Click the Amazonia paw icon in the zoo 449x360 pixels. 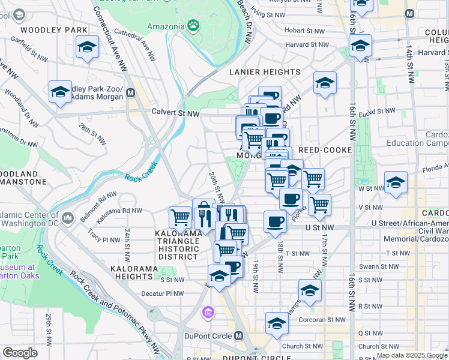pos(193,25)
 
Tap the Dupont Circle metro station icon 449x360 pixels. pos(239,335)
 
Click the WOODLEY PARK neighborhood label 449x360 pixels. pos(54,29)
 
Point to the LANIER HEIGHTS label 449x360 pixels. pos(265,72)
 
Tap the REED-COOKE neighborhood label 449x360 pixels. pos(324,149)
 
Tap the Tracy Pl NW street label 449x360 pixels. pos(104,239)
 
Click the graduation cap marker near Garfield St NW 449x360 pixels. pos(87,46)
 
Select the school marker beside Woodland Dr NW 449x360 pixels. pos(60,91)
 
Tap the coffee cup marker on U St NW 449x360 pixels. pos(275,220)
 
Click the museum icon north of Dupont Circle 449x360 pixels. pos(208,312)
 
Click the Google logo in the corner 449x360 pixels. pos(20,353)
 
